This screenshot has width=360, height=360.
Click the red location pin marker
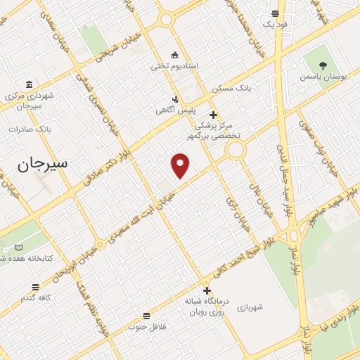(x=181, y=165)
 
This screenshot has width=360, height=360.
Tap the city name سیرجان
(x=44, y=164)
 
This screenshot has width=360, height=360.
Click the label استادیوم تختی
(x=175, y=66)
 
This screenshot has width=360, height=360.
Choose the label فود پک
(x=275, y=24)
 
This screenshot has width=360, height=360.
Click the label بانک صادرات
(x=31, y=129)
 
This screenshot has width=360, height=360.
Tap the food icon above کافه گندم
(x=36, y=287)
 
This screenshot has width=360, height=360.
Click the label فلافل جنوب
(x=146, y=327)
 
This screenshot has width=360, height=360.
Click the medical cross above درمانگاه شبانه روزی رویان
(x=207, y=290)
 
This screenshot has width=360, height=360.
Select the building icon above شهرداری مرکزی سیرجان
(x=29, y=84)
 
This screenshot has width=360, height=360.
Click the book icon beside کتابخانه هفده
(x=18, y=247)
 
